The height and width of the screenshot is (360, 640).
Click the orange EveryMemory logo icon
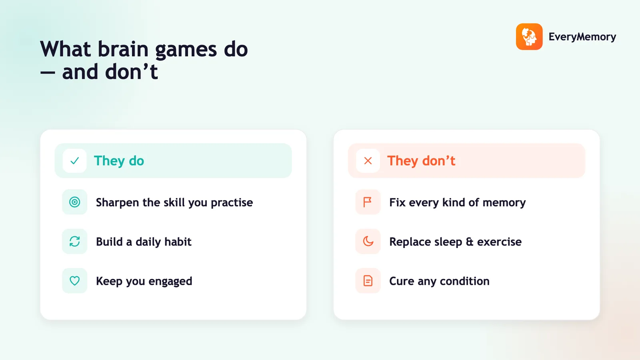(x=529, y=36)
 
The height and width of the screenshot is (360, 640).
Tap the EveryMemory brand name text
(x=582, y=37)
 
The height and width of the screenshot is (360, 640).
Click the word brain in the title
(x=123, y=49)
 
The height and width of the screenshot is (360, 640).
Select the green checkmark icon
(x=74, y=161)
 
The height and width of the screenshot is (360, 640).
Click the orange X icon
(x=368, y=161)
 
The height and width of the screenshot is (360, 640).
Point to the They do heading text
(x=119, y=161)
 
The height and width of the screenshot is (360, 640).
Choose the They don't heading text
(x=421, y=161)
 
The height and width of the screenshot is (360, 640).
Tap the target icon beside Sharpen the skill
(x=74, y=202)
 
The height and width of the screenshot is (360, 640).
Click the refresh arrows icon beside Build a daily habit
(x=74, y=242)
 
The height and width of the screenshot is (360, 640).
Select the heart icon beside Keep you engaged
(x=74, y=281)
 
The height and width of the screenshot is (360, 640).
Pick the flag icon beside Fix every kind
(x=368, y=202)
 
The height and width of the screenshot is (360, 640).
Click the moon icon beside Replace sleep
(x=368, y=241)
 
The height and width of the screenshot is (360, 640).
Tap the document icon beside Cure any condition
(x=368, y=281)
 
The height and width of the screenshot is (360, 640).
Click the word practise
(x=232, y=203)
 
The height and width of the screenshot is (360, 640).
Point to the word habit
(x=178, y=242)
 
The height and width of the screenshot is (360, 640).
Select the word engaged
(x=170, y=282)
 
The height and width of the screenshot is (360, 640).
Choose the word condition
(x=464, y=281)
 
